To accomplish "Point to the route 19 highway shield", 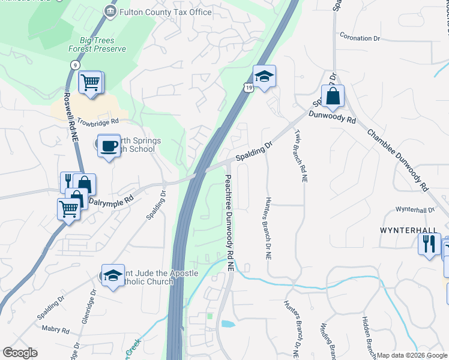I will (248, 88).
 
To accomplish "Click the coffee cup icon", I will (109, 145).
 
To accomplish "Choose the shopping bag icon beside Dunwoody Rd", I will (332, 95).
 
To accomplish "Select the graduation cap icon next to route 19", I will (264, 76).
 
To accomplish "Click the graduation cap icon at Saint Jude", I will (112, 275).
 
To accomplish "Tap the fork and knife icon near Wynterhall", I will (429, 243).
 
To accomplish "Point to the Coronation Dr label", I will (360, 38).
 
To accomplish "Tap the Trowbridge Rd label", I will (95, 122).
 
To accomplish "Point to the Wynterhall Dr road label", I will (414, 209).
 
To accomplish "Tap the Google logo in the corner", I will (20, 353).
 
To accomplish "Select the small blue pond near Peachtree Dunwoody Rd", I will (228, 324).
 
